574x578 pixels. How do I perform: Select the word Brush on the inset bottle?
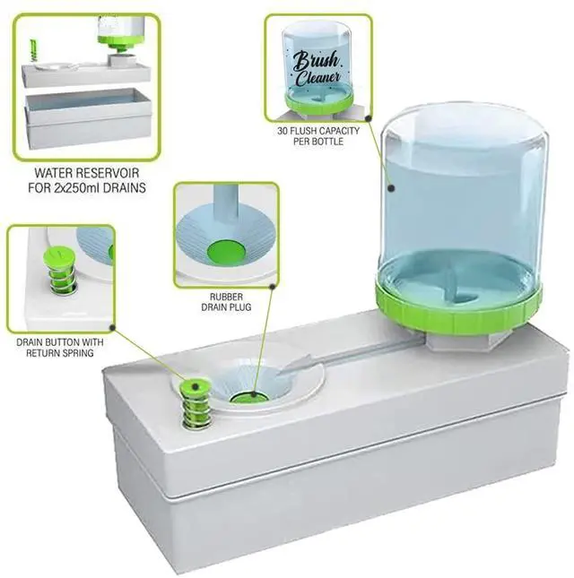click(x=316, y=60)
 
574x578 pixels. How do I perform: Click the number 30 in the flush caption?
click(x=283, y=131)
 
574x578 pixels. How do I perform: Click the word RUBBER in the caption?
click(x=227, y=297)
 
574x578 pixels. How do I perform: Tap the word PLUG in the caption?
click(x=239, y=307)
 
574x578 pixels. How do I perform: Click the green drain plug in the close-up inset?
click(x=226, y=252)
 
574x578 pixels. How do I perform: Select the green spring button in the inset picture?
click(x=60, y=269)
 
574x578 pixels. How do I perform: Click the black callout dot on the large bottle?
click(x=391, y=188)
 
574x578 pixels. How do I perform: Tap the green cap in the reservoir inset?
click(x=117, y=41)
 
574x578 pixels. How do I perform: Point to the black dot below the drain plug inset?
click(x=273, y=286)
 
